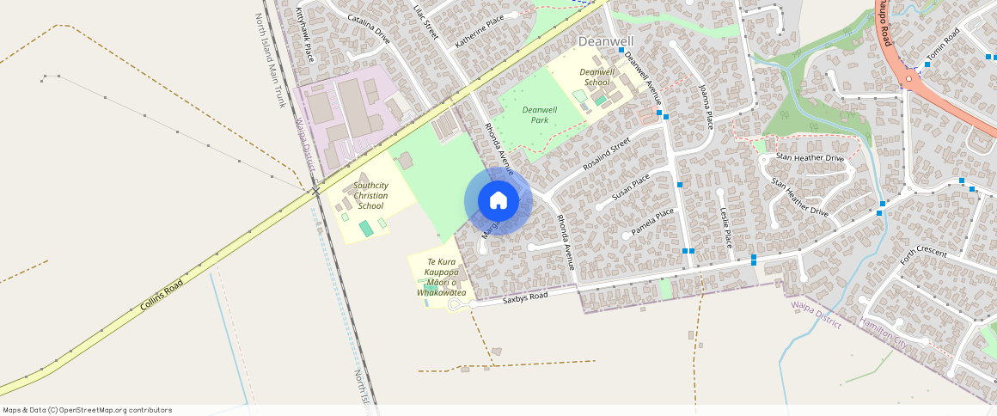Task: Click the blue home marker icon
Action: [x=498, y=201]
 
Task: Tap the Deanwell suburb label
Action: [x=606, y=41]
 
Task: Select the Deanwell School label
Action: [x=596, y=77]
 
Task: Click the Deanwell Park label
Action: [x=540, y=115]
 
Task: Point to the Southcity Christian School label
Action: [x=370, y=196]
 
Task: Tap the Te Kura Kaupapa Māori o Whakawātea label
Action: [x=441, y=277]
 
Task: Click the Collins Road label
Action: [x=162, y=295]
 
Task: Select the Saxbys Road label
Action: [x=525, y=297]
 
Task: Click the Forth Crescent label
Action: [x=923, y=254]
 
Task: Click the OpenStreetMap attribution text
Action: [x=88, y=410]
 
